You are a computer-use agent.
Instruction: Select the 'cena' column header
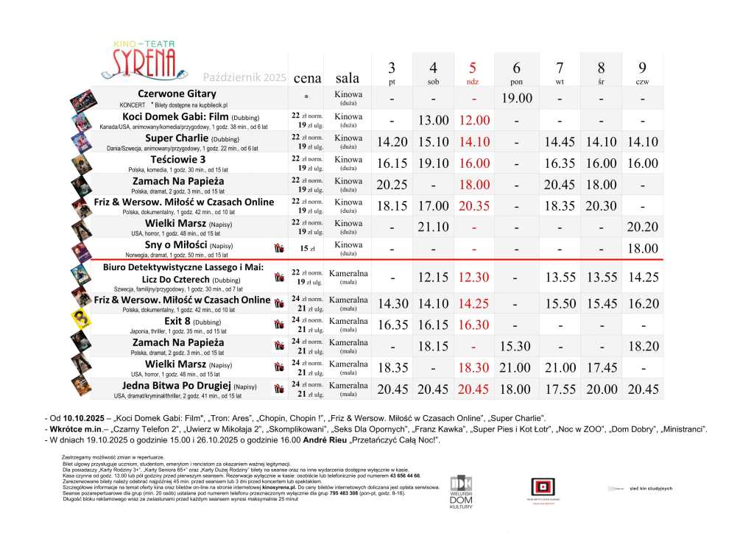click(x=307, y=77)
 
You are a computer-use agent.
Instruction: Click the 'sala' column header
click(x=348, y=77)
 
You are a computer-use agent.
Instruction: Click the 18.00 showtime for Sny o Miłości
click(x=643, y=249)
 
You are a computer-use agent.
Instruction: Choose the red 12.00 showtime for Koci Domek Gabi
click(x=473, y=120)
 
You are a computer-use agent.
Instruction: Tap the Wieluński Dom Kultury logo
click(x=459, y=489)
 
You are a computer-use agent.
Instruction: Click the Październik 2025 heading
click(x=244, y=77)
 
